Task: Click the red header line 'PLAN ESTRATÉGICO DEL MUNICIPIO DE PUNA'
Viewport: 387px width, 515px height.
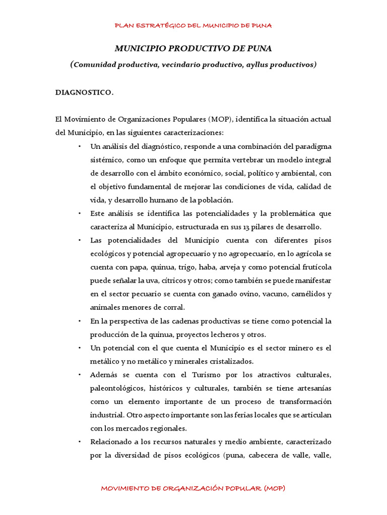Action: [193, 25]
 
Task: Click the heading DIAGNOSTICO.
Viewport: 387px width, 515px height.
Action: [84, 93]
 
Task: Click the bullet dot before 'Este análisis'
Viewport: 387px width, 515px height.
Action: [80, 214]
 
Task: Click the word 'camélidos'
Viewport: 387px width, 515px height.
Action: [312, 294]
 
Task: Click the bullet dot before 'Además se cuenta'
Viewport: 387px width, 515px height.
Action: [80, 375]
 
